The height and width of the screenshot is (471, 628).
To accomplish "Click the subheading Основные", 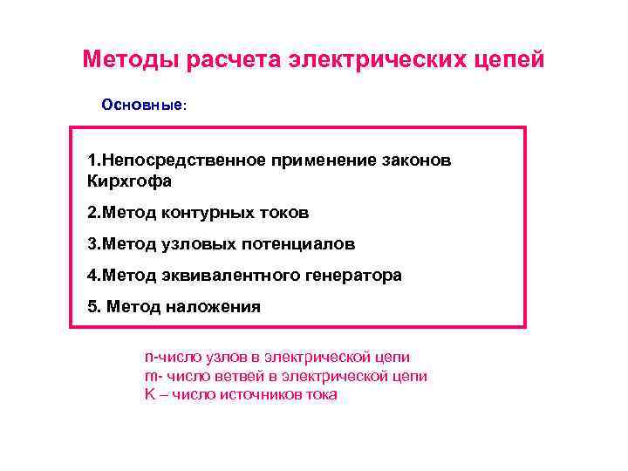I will (141, 105).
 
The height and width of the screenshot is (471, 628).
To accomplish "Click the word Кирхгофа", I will (130, 181).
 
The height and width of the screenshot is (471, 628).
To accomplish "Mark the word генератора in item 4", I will (352, 276).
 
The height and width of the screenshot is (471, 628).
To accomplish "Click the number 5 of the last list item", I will (92, 307).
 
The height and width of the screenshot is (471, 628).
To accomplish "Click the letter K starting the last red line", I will (148, 394).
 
